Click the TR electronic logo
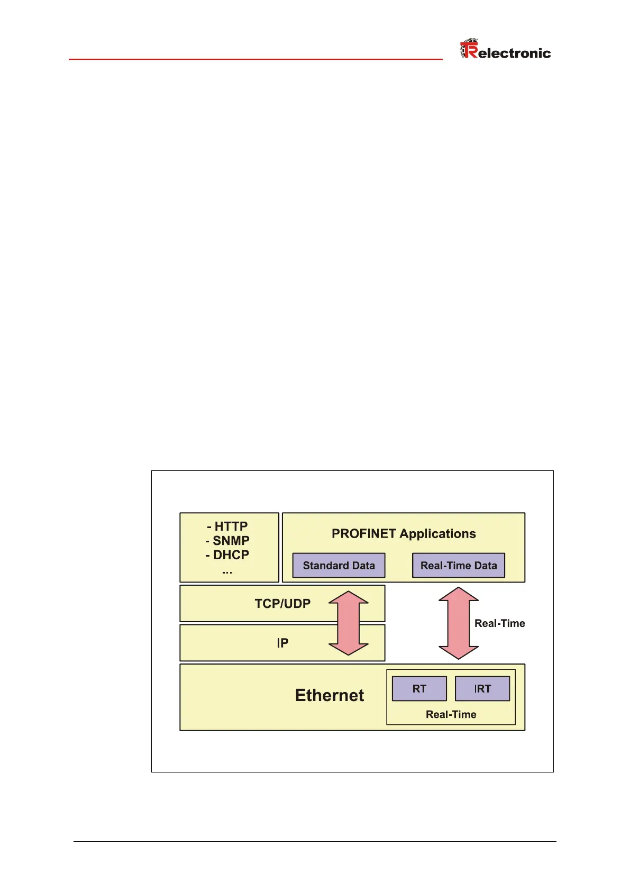pos(505,50)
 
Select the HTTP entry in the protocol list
pos(228,526)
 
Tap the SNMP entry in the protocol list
pos(227,541)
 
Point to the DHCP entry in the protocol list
pos(227,555)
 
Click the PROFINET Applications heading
pos(404,534)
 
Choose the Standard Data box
pos(339,566)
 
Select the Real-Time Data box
pos(459,566)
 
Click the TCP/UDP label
pos(282,604)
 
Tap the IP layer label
pos(282,643)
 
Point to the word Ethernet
pos(330,695)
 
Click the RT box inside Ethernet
pos(419,689)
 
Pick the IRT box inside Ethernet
pos(482,689)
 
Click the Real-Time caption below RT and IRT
pos(451,715)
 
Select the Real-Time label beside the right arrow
pos(499,624)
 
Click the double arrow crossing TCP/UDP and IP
pos(349,623)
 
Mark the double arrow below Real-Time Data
pos(459,623)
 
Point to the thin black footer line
pos(315,841)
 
